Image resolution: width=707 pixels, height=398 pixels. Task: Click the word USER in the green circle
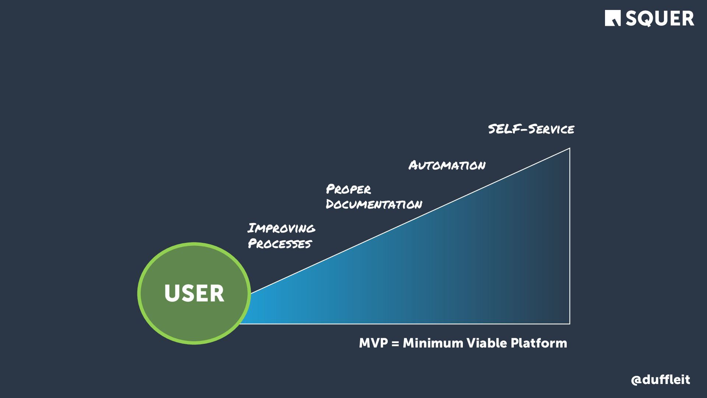click(x=194, y=293)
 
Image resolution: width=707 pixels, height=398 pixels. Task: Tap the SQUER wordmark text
click(x=659, y=18)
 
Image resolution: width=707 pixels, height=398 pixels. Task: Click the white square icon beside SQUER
click(x=613, y=18)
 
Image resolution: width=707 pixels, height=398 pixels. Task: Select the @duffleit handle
click(x=660, y=380)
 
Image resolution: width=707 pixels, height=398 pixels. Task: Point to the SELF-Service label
click(x=531, y=129)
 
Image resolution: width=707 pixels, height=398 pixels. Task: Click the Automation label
click(x=447, y=165)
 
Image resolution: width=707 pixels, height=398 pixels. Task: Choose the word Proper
click(x=348, y=189)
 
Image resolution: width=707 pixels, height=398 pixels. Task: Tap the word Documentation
click(x=374, y=205)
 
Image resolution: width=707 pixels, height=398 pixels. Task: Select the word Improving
click(x=281, y=228)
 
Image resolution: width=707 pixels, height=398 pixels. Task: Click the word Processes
click(x=280, y=244)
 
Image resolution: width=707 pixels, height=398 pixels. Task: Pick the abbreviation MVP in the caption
click(x=373, y=343)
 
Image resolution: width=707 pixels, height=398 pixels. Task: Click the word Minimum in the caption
click(x=433, y=343)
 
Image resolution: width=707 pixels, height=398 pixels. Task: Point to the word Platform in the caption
click(x=539, y=343)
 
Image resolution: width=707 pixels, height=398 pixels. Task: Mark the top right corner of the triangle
click(x=570, y=148)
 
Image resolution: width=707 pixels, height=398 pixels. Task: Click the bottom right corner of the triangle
click(x=570, y=324)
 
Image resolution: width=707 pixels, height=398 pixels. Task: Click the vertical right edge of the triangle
click(x=570, y=236)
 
